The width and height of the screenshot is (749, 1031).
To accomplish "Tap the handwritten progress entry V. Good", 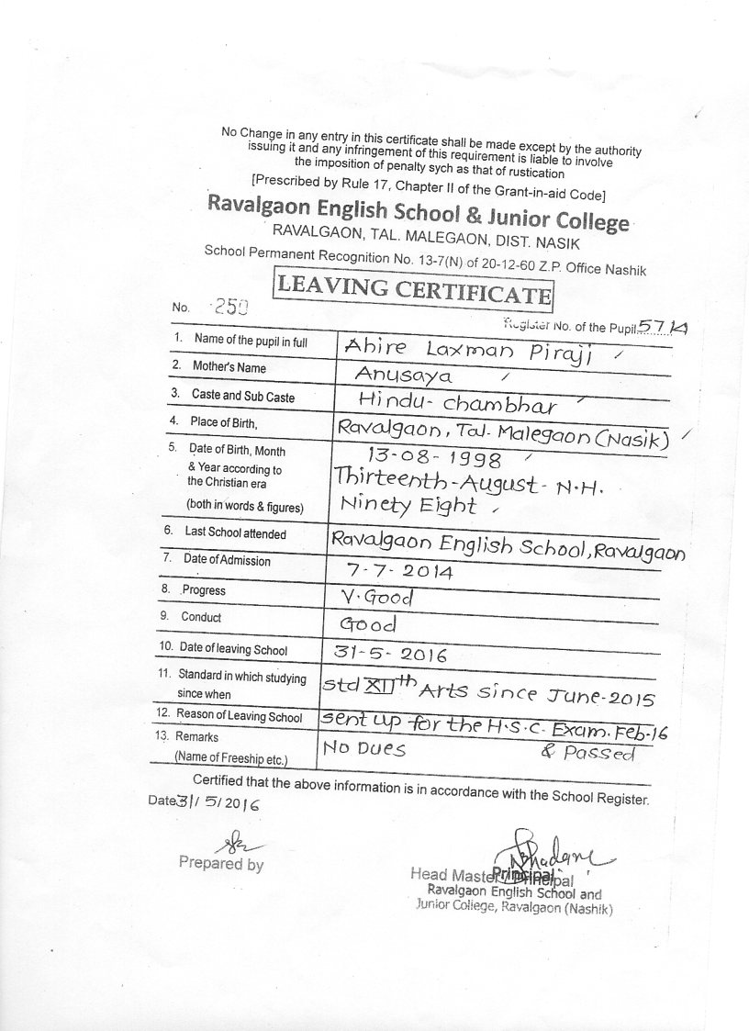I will point(376,598).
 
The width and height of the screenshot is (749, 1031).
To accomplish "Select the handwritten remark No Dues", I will point(363,749).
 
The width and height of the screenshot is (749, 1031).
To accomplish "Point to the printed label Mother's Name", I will point(229,368).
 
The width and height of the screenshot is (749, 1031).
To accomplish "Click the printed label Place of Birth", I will point(225,423).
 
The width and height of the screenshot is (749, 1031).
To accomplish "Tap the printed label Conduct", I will point(200,618).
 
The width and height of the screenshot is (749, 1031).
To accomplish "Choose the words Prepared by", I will point(220,864).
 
